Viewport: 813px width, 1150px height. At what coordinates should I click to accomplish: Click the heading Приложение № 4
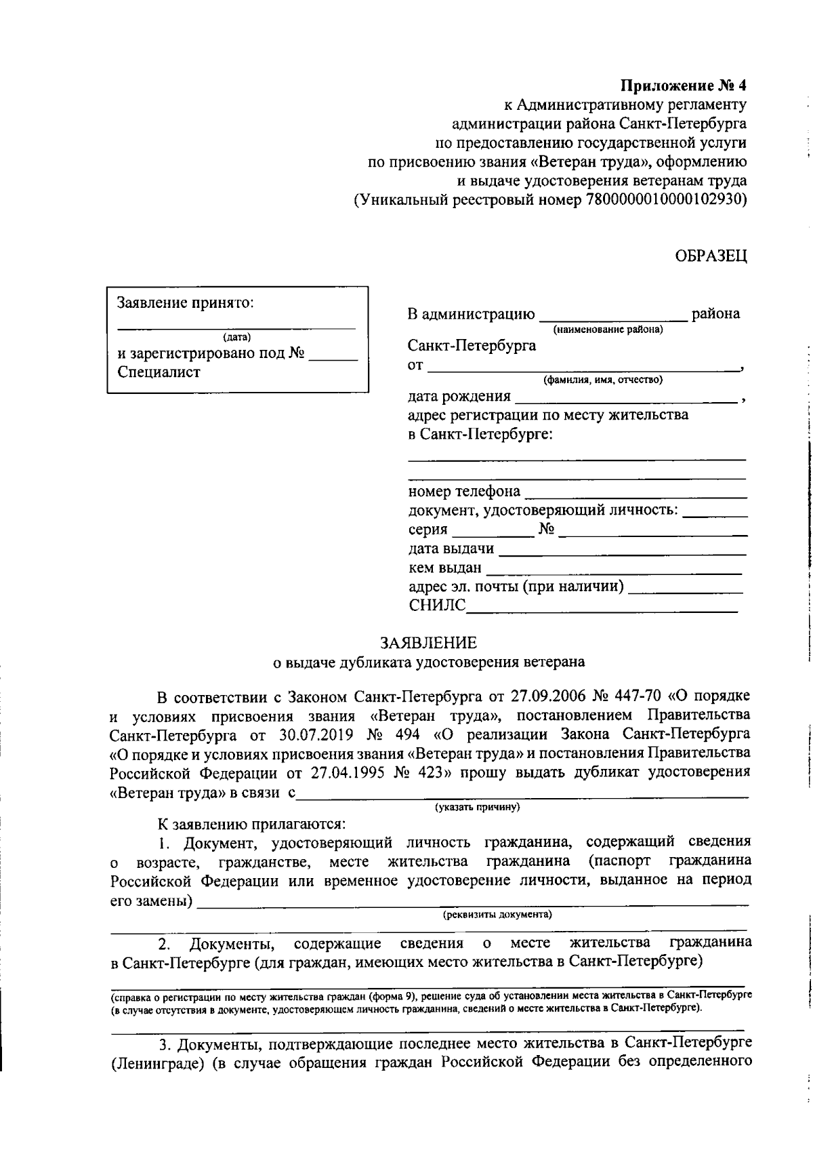[x=684, y=86]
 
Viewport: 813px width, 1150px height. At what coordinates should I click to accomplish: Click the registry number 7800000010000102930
[x=664, y=200]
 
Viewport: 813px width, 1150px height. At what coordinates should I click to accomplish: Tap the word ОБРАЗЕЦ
[x=711, y=256]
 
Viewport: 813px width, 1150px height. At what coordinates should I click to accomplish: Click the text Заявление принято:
[x=186, y=302]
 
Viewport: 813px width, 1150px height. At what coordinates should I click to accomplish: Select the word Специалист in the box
[x=159, y=372]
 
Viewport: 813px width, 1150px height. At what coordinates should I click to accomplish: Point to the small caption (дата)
[x=236, y=337]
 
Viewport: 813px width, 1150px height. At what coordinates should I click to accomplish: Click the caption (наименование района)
[x=608, y=330]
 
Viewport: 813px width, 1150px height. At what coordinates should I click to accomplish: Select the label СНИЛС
[x=437, y=606]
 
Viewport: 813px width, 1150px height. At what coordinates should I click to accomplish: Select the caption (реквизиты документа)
[x=497, y=914]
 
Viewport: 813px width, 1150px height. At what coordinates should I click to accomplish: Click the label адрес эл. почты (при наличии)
[x=516, y=587]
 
